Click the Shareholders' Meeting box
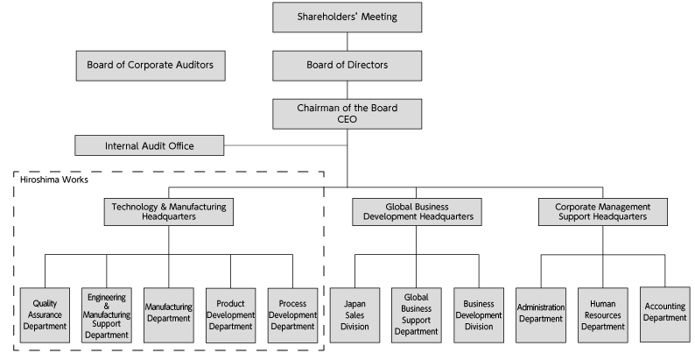click(x=347, y=17)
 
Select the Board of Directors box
click(x=347, y=65)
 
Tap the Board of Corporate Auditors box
click(x=150, y=65)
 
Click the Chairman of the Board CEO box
click(x=347, y=113)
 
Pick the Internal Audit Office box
click(x=150, y=145)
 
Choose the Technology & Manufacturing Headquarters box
click(x=169, y=211)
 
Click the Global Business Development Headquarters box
click(x=417, y=211)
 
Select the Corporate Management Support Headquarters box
click(x=602, y=211)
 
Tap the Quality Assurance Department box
click(x=45, y=314)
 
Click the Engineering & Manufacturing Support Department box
click(x=107, y=314)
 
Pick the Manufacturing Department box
click(x=168, y=314)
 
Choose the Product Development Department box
click(x=230, y=314)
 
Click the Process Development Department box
click(x=292, y=314)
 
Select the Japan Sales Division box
click(x=355, y=314)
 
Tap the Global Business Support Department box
click(x=417, y=314)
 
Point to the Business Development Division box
click(x=479, y=314)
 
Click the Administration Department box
click(x=541, y=314)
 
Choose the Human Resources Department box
click(x=602, y=314)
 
